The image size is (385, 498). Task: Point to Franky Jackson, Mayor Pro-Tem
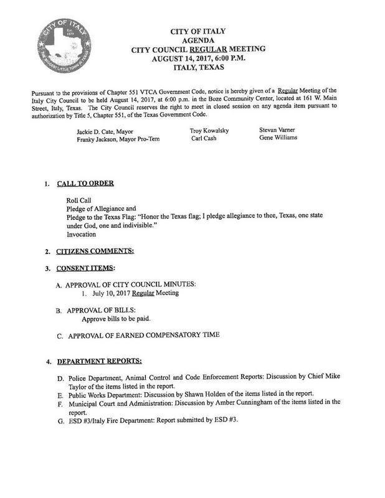(118, 139)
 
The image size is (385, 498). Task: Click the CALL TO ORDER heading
(85, 184)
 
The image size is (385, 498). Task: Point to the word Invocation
(82, 235)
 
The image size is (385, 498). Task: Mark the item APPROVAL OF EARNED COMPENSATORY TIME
(144, 336)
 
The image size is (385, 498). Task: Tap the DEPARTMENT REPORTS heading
(100, 361)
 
